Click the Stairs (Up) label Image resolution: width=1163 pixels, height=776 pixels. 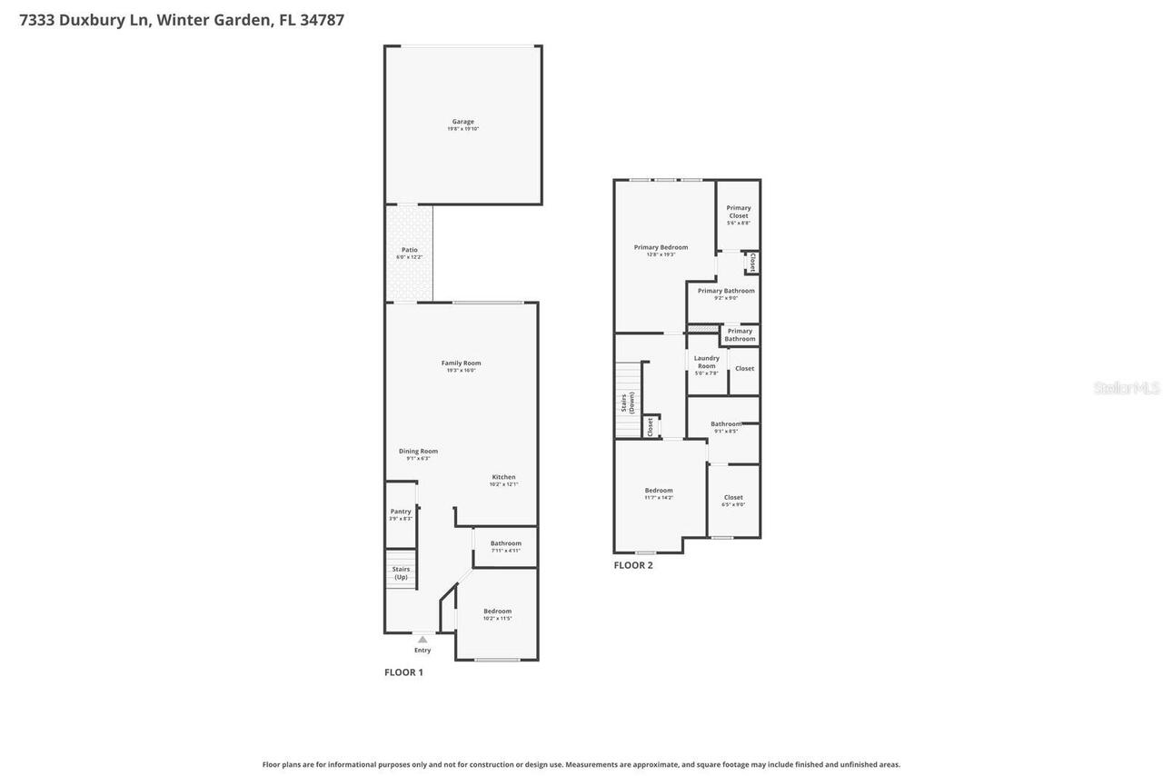coord(401,572)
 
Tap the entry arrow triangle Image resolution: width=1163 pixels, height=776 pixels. coord(422,640)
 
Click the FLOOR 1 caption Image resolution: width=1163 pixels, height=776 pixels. coord(403,672)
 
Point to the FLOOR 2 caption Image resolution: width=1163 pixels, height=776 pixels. coord(632,565)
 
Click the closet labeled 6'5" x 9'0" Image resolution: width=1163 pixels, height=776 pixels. coord(733,500)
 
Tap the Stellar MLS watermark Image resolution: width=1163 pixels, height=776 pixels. coord(1127,388)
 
